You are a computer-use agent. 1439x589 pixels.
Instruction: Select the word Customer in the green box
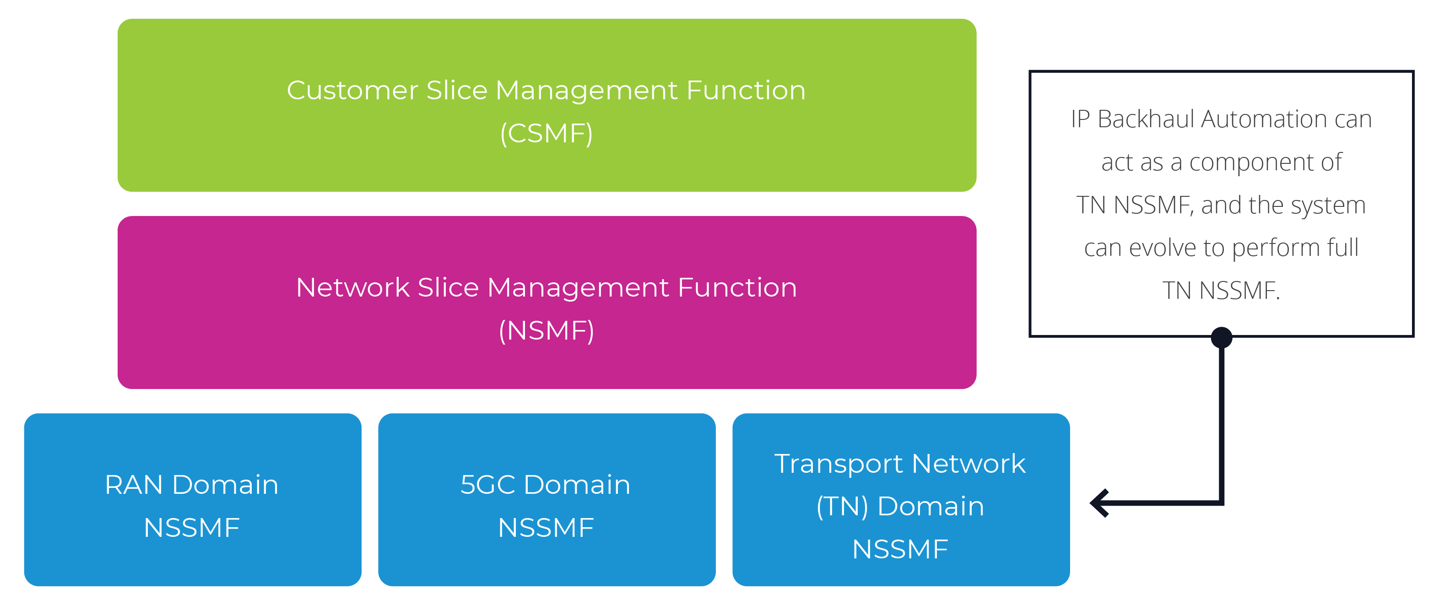coord(352,91)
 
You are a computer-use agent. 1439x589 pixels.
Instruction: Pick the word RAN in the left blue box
coord(134,485)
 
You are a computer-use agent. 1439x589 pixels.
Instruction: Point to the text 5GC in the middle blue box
coord(487,485)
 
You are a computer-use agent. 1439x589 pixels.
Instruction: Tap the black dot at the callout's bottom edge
coord(1221,338)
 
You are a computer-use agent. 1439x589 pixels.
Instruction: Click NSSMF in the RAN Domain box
coord(192,528)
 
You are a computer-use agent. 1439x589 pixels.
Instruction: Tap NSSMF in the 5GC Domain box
coord(546,528)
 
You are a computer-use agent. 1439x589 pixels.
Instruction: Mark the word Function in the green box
coord(746,91)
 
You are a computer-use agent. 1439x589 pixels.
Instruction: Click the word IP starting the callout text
coord(1080,119)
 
